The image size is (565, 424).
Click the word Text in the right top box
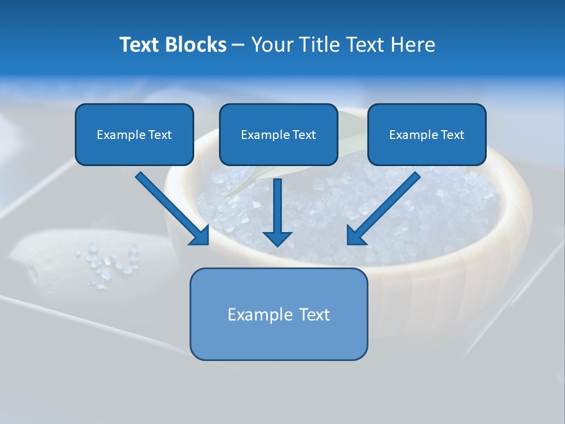(452, 135)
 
